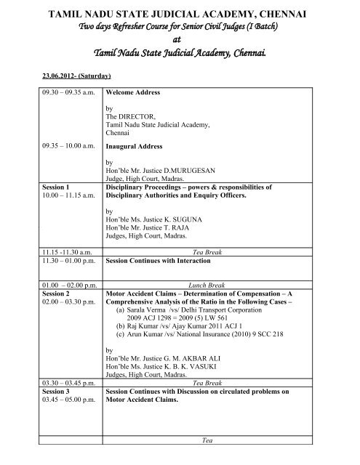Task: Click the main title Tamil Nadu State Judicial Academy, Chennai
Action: coord(180,13)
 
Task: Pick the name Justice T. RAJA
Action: coord(167,225)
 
